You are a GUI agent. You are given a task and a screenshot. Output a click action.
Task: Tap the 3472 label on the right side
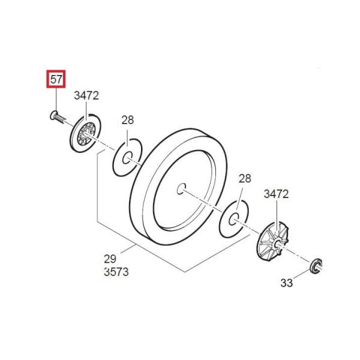pos(276,194)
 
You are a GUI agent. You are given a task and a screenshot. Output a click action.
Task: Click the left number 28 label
pos(127,119)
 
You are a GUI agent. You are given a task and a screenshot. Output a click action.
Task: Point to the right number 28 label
pos(244,178)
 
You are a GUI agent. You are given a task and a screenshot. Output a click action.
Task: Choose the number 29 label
pos(110,259)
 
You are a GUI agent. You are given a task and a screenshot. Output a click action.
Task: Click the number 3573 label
pos(116,272)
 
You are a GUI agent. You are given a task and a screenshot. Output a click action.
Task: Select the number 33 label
pos(287,282)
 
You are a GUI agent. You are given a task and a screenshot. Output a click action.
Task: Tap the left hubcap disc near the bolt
pos(85,133)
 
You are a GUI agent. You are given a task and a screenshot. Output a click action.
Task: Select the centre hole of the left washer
pos(128,158)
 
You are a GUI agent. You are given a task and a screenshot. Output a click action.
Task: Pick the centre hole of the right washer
pos(236,218)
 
